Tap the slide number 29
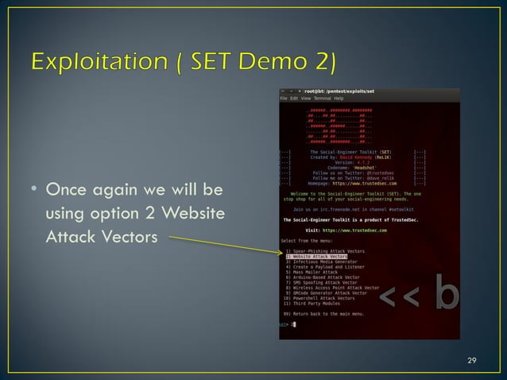pos(471,361)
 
